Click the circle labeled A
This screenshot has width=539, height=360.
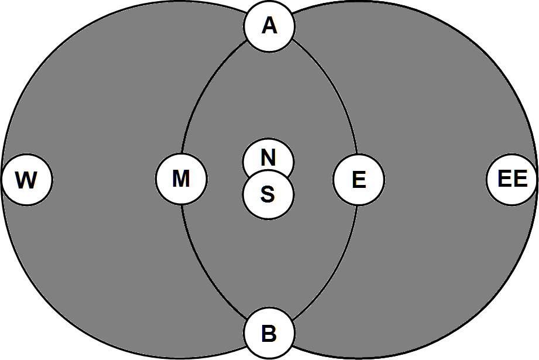[x=269, y=27]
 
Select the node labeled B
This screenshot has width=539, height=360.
[x=269, y=334]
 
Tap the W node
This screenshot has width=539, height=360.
[x=27, y=180]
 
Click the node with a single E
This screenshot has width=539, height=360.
[x=359, y=180]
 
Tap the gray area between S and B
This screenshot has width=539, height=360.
[x=269, y=263]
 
